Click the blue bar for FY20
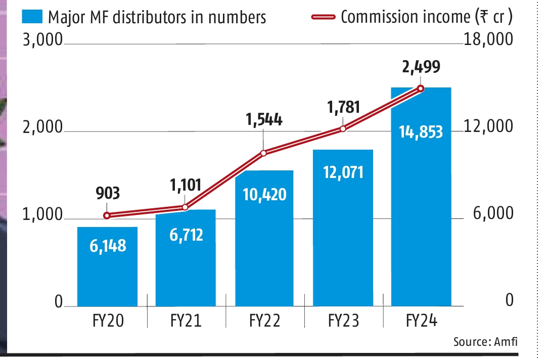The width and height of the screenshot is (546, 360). (107, 266)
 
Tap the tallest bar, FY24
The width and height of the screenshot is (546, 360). (421, 197)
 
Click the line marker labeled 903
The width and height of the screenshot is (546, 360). (107, 215)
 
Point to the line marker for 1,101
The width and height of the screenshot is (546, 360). (185, 207)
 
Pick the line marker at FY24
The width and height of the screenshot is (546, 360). (421, 88)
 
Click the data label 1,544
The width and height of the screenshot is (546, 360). (264, 120)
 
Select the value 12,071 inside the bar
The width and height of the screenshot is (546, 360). (343, 172)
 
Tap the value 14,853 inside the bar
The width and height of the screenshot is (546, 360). (421, 132)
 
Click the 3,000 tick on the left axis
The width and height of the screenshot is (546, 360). (42, 40)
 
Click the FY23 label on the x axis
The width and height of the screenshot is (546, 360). (343, 321)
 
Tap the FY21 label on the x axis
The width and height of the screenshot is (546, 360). (186, 321)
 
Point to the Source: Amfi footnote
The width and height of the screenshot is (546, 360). (485, 342)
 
